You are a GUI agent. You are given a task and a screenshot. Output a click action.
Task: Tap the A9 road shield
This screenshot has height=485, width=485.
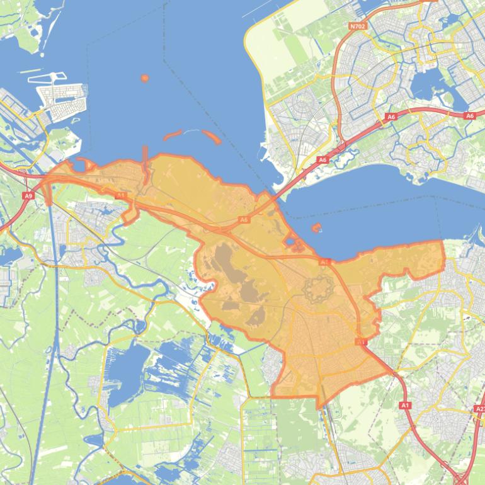click(x=28, y=196)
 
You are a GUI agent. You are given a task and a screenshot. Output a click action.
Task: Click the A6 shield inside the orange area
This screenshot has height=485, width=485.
click(x=244, y=220)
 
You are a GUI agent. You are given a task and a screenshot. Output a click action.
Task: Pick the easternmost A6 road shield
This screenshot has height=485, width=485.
click(x=469, y=116)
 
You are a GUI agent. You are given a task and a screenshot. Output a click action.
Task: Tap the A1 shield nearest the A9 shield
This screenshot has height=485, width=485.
click(x=120, y=196)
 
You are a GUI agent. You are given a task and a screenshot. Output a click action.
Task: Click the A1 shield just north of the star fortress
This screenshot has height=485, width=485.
click(x=324, y=261)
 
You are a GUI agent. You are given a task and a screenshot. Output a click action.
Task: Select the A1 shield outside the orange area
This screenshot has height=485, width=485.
click(x=405, y=405)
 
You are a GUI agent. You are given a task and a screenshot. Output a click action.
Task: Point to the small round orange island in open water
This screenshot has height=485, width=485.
click(x=145, y=78)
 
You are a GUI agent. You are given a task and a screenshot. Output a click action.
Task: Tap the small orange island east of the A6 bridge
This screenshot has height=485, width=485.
click(x=316, y=227)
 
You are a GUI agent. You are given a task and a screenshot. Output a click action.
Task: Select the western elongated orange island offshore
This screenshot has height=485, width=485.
click(x=173, y=135)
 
